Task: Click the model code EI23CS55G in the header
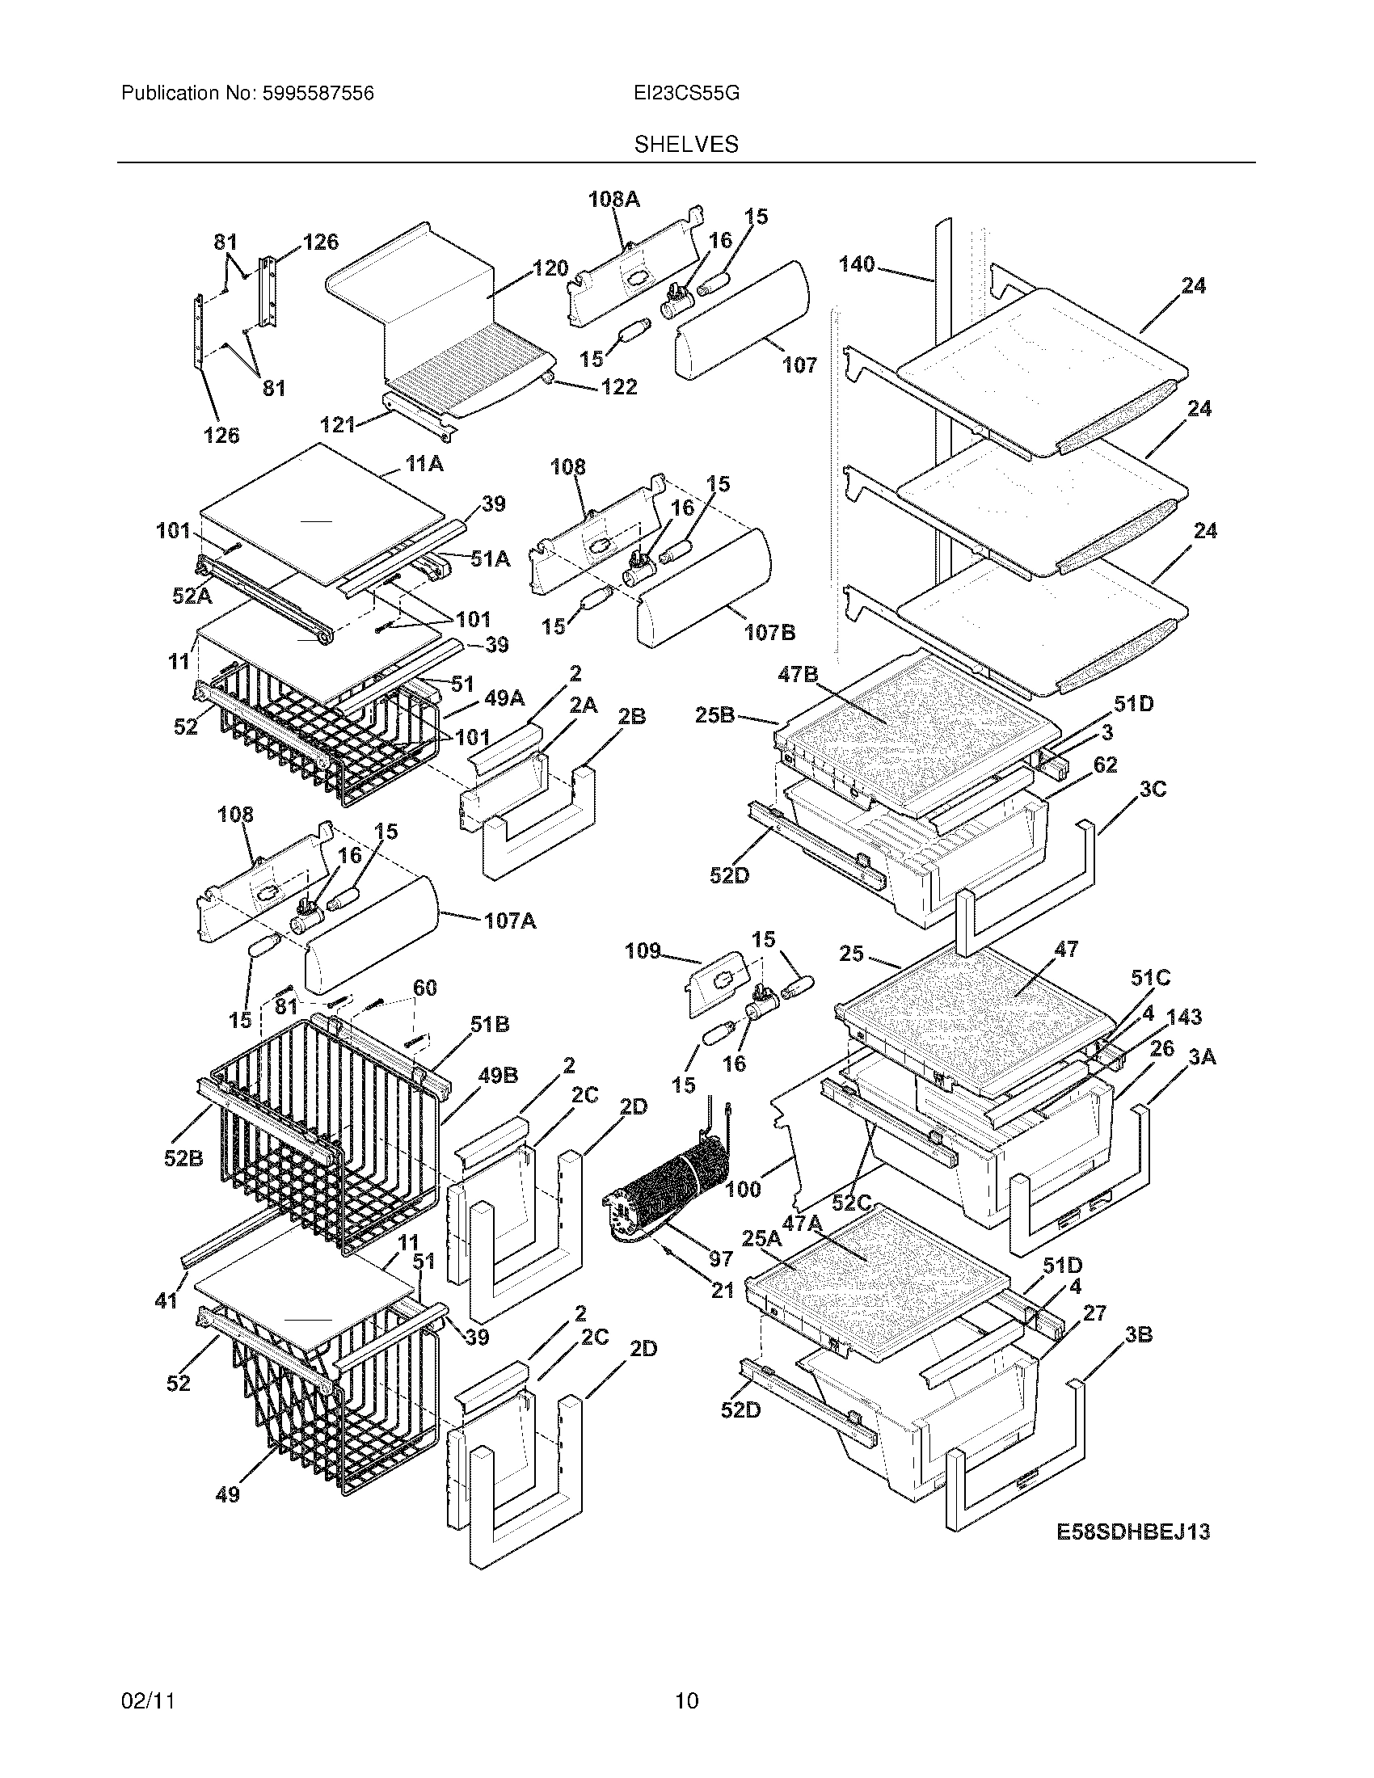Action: click(686, 94)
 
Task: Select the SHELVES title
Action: click(686, 145)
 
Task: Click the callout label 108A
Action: click(614, 200)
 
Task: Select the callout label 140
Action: click(856, 263)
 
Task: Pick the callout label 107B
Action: click(769, 632)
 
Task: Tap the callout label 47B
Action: click(798, 673)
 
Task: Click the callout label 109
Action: click(643, 951)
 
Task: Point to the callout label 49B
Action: click(498, 1076)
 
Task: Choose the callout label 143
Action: click(1184, 1017)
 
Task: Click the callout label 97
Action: click(721, 1258)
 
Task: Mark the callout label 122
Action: click(618, 386)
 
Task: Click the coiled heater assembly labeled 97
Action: click(668, 1189)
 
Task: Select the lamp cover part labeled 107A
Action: click(370, 936)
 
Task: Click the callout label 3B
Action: click(1138, 1335)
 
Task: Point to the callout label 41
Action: click(166, 1301)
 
